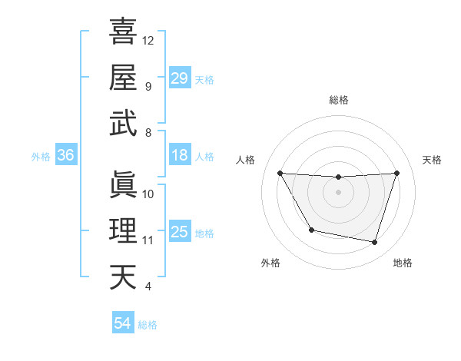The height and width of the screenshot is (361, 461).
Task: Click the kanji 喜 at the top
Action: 123,31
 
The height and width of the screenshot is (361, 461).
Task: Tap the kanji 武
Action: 123,124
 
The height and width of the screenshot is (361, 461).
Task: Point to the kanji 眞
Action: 123,185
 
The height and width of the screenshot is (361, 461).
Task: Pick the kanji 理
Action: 123,231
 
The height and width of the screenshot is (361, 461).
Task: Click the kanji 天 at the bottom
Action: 123,277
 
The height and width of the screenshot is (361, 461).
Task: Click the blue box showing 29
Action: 180,78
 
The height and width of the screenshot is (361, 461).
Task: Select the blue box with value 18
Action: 180,155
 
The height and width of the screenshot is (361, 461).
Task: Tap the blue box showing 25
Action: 180,232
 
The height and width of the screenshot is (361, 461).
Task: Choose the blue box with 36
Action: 66,155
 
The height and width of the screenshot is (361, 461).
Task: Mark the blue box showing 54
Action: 123,323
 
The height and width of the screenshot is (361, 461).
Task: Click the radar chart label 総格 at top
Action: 339,100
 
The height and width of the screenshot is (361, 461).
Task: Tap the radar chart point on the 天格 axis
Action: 396,173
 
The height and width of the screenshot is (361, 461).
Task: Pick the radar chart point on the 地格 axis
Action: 374,243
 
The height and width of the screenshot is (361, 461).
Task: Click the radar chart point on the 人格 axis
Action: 280,173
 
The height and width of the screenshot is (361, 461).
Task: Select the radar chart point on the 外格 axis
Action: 310,230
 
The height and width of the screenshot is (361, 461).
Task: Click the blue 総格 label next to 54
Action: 148,325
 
